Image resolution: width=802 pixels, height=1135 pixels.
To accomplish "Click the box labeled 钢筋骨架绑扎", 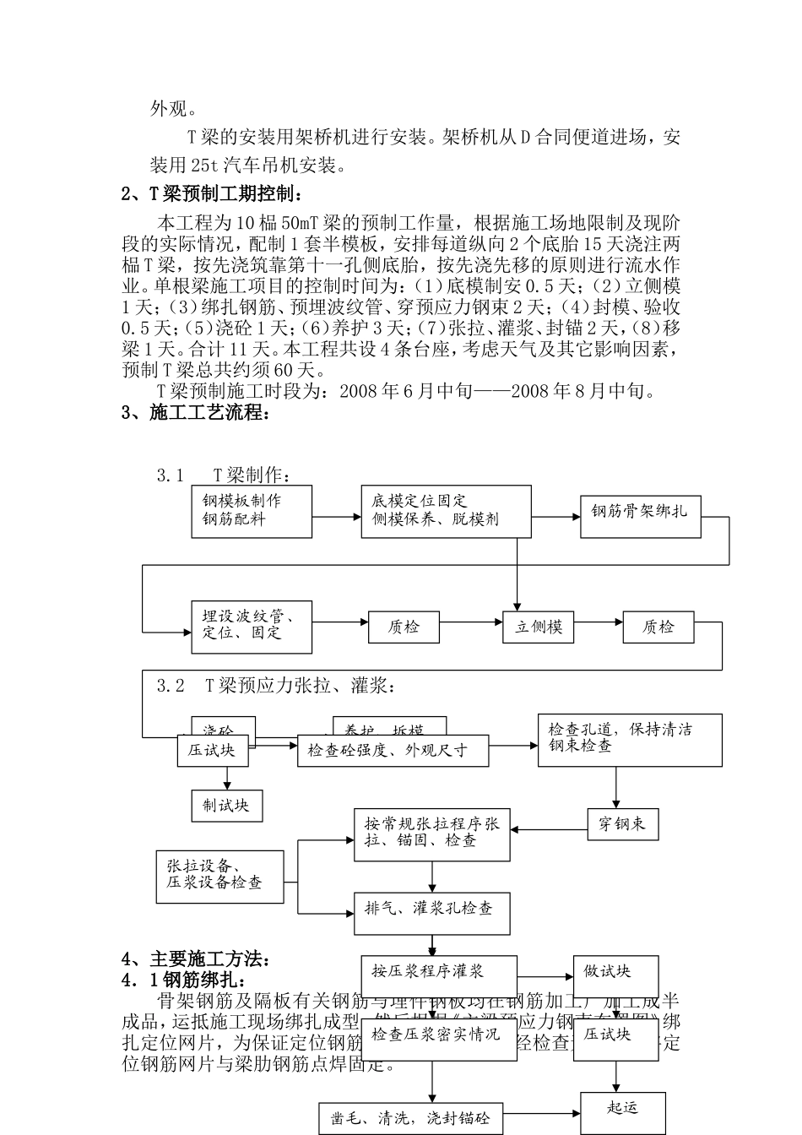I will [641, 512].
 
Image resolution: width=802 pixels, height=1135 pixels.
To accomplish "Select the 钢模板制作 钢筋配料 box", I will [252, 510].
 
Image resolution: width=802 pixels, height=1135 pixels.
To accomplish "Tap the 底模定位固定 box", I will [446, 511].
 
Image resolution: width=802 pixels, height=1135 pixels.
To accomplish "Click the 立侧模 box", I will [539, 627].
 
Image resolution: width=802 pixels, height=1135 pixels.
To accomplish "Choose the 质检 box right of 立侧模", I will [658, 627].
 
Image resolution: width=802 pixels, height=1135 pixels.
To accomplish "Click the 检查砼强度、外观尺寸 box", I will [393, 750].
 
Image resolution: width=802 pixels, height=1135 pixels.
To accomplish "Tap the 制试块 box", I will [226, 805].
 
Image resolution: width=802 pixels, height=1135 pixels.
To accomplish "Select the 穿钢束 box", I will [622, 824].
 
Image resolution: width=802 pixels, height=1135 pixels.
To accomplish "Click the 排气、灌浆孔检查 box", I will [431, 910].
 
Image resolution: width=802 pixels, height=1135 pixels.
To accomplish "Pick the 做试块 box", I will [615, 972].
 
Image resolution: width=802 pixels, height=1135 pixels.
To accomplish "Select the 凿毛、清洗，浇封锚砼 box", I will [411, 1118].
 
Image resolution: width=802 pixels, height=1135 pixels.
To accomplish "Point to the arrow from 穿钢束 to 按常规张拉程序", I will [549, 830].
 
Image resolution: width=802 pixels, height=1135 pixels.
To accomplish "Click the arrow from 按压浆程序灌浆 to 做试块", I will [545, 973].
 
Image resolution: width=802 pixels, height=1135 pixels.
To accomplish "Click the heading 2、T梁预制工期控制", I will [211, 194].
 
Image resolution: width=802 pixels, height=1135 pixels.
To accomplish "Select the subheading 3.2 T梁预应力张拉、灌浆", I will [275, 686].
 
